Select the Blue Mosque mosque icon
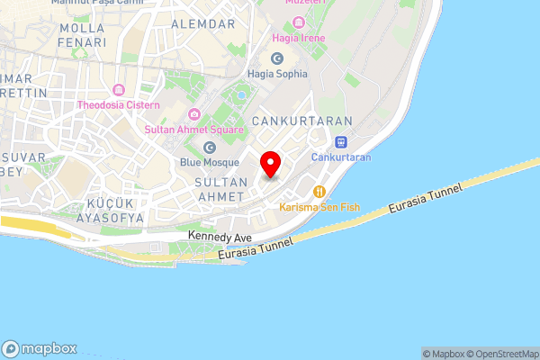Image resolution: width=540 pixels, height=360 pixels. [x=211, y=147]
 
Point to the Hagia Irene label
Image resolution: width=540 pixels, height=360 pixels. [x=301, y=39]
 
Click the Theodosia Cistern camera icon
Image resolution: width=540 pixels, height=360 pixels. [x=118, y=90]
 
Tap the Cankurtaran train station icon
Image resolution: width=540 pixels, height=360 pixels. [x=341, y=141]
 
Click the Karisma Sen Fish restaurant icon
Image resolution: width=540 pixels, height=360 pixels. [x=319, y=191]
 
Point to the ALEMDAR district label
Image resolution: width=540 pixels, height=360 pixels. [x=202, y=23]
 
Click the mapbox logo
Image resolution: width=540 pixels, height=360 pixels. [x=40, y=349]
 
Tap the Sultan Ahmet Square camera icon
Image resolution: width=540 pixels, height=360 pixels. [x=193, y=113]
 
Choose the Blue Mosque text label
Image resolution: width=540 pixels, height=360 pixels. [x=210, y=163]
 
